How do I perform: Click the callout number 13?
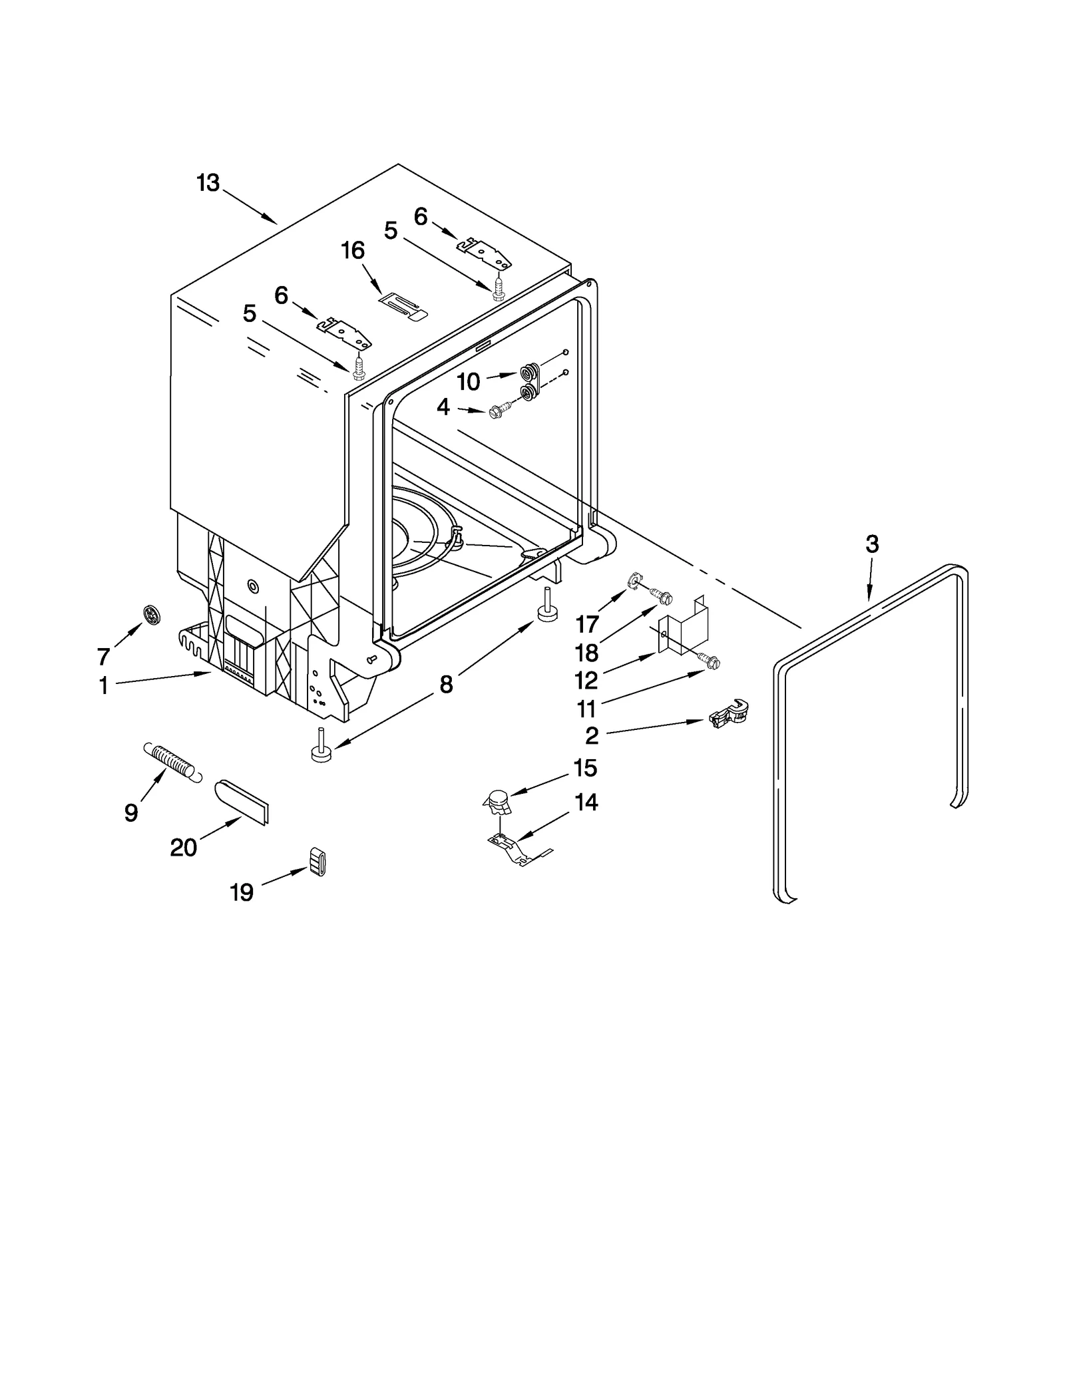coord(208,182)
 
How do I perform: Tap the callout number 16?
coord(353,250)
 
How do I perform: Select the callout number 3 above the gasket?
coord(872,544)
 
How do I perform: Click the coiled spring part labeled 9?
coord(171,763)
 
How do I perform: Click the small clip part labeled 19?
coord(318,862)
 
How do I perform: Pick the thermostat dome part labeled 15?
coord(497,801)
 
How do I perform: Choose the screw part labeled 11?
coord(711,661)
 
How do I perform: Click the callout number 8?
coord(446,683)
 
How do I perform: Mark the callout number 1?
coord(104,685)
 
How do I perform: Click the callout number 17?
coord(587,623)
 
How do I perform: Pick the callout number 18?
coord(587,653)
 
